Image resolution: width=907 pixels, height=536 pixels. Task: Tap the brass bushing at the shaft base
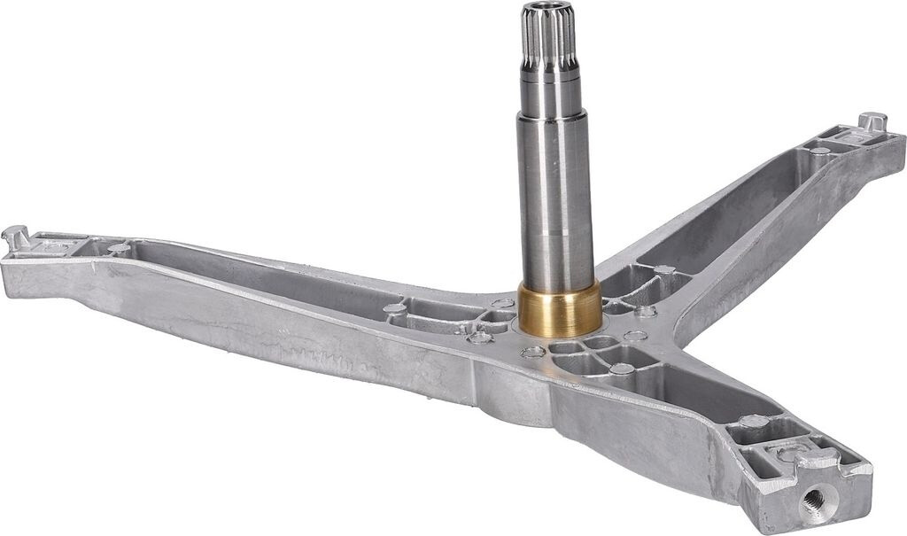point(559,309)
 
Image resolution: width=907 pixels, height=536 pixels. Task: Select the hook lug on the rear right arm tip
point(873,121)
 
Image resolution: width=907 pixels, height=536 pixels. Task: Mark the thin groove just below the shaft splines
point(549,76)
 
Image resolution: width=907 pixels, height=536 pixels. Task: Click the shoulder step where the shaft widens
point(551,113)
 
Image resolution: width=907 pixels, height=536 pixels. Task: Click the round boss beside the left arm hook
point(117,249)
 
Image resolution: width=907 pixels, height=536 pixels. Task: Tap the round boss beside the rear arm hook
point(819,151)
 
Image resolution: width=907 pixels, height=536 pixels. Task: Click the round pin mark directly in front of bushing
point(533,352)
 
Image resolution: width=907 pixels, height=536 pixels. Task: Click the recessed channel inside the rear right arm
point(735,213)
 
